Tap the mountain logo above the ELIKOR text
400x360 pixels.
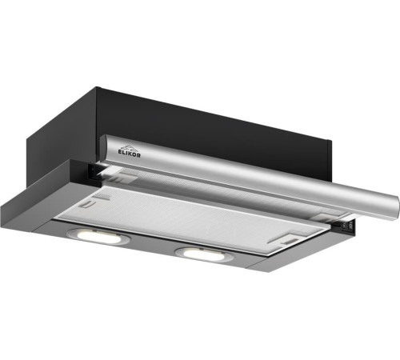(129, 146)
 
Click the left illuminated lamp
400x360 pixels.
(98, 236)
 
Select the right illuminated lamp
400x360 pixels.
(204, 254)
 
